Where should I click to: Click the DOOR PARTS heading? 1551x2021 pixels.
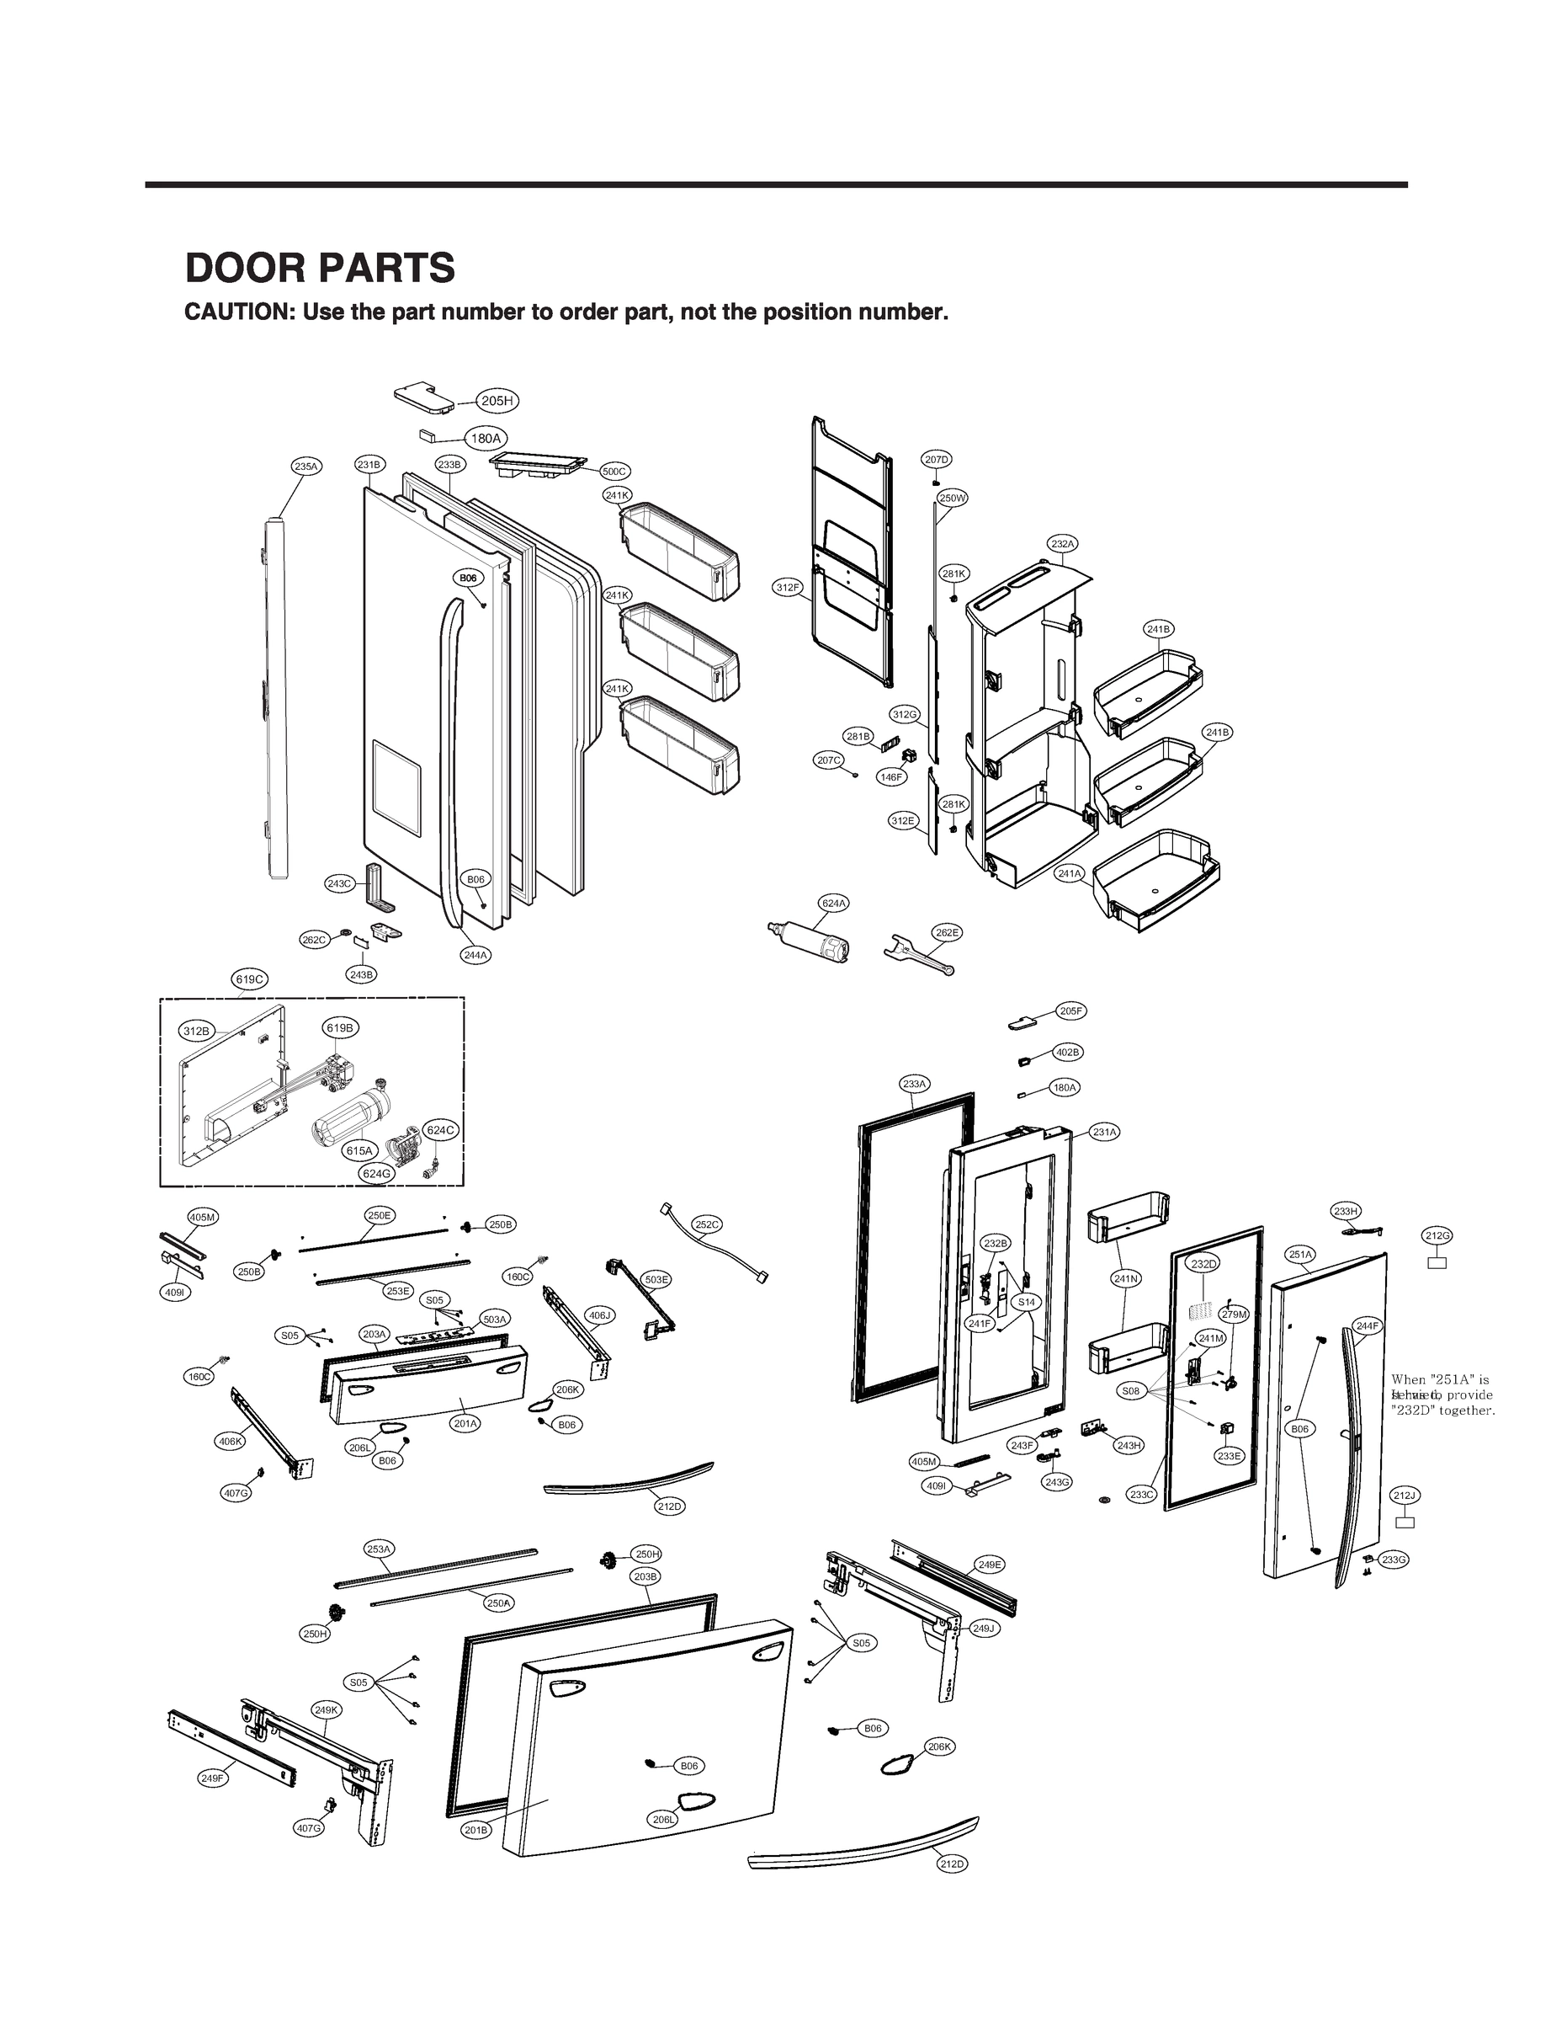pos(320,268)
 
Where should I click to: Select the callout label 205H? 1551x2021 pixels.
pos(497,401)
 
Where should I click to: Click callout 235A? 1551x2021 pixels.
pos(305,467)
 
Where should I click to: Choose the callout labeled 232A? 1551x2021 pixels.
pos(1063,544)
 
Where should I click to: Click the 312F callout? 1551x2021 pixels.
pos(788,588)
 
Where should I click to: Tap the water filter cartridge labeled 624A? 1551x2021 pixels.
pos(812,943)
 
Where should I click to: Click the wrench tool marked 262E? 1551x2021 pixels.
pos(919,955)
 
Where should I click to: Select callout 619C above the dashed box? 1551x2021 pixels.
pos(249,979)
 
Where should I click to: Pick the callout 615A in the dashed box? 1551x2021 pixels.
pos(359,1151)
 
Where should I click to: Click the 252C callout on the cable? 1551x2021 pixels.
pos(706,1224)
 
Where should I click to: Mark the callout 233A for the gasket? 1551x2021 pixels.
pos(915,1084)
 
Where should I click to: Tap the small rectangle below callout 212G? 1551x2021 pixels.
pos(1437,1262)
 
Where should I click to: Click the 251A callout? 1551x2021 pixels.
pos(1301,1256)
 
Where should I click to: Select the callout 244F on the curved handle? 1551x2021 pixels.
pos(1368,1326)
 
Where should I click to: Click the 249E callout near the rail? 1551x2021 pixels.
pos(989,1565)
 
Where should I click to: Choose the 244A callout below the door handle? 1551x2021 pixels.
pos(475,956)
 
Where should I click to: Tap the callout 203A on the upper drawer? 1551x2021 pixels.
pos(374,1335)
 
